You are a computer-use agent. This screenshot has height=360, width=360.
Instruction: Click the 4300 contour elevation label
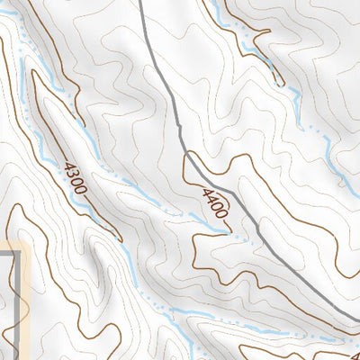click(x=74, y=177)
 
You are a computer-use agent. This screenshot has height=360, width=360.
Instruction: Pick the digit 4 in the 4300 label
click(x=67, y=165)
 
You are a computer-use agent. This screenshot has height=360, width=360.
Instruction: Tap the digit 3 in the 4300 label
click(x=71, y=173)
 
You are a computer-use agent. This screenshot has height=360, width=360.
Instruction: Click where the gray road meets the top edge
click(x=141, y=2)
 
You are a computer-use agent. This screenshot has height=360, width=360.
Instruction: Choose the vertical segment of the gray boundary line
click(x=18, y=306)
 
